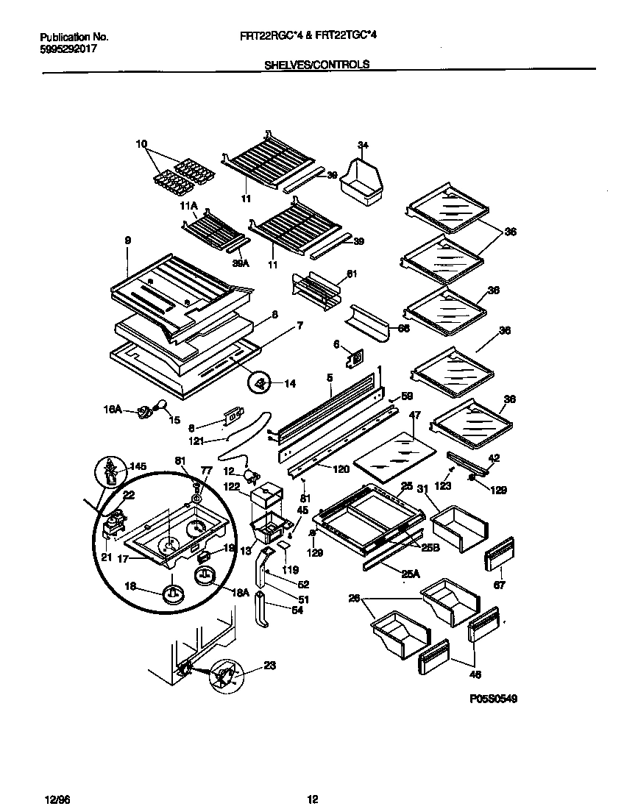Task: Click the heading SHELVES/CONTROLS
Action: point(316,64)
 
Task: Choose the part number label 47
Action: point(414,416)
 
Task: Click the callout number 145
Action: point(138,466)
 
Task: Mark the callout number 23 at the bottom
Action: point(270,666)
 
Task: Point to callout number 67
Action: point(500,585)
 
